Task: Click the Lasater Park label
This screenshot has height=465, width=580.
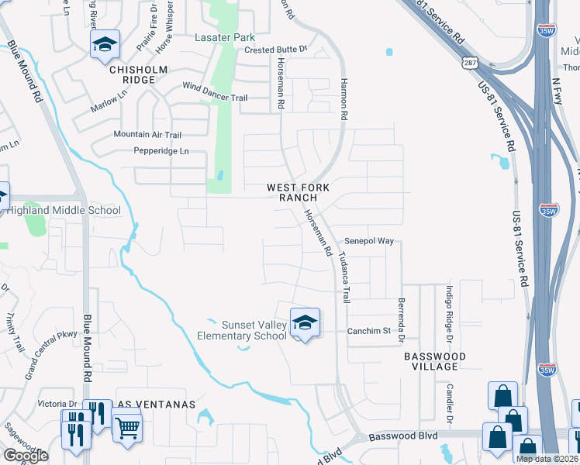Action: pos(226,36)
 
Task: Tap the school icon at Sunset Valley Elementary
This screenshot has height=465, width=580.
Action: pos(305,323)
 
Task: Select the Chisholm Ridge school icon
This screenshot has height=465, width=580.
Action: pos(105,45)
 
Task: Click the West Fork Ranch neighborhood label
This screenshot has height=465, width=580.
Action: pos(299,192)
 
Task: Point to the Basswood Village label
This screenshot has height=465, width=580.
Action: pos(435,362)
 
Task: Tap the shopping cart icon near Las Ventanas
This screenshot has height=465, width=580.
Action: pos(127,426)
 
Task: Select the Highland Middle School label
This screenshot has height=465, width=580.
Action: pos(64,210)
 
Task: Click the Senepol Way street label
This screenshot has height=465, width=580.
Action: pos(370,241)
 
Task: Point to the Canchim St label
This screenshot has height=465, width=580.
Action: pos(368,330)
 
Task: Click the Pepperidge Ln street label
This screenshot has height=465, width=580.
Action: pos(161,151)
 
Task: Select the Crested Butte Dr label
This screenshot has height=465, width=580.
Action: pos(276,50)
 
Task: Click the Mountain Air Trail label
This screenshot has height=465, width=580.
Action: pos(147,135)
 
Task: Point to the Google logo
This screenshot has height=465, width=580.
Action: pos(26,456)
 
